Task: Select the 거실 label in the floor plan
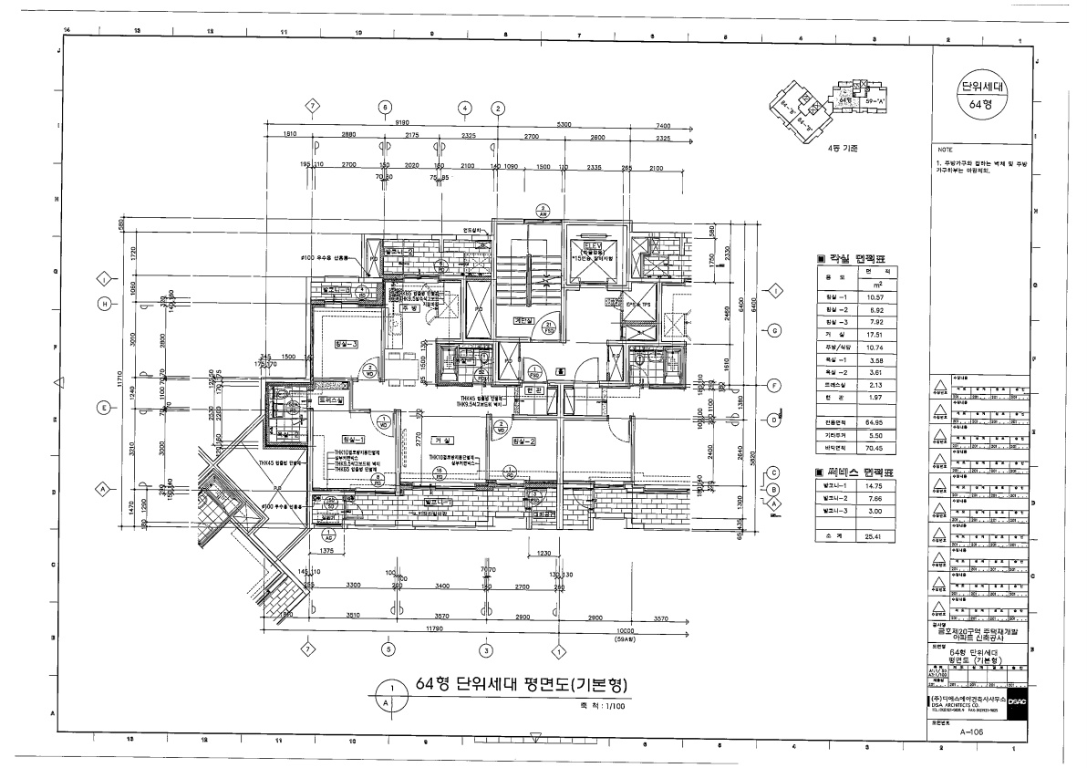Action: pos(444,441)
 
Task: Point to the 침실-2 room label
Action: pos(523,442)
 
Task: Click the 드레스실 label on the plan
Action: pos(330,400)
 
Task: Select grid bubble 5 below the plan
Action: pos(388,649)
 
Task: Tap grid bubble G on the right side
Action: pos(774,330)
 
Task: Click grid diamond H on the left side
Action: pos(105,304)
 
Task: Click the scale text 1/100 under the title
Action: pos(606,705)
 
